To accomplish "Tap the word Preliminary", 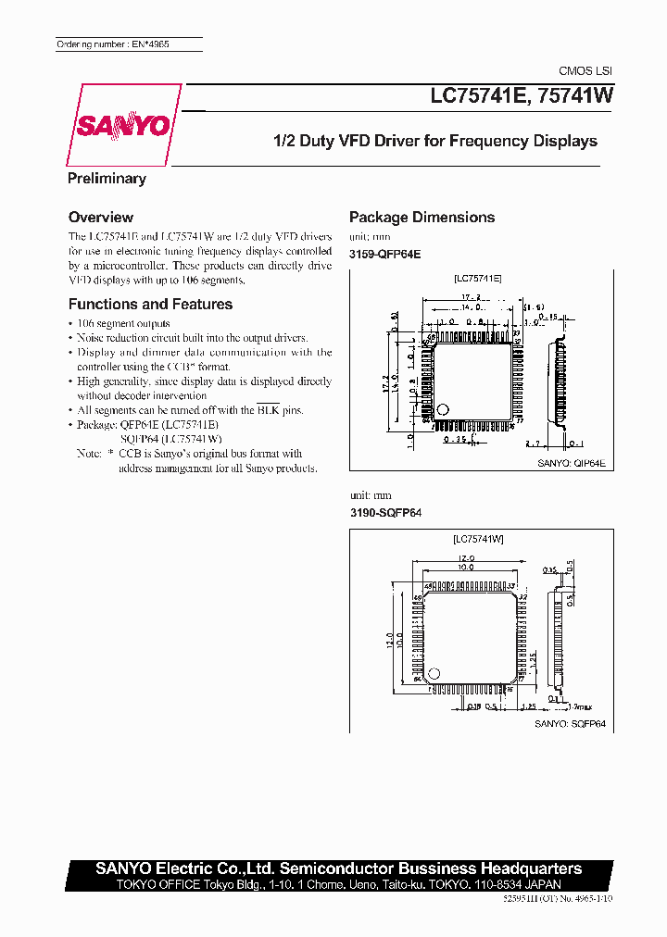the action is click(107, 179).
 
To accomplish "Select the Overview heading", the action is click(101, 218).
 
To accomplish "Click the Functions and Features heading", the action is click(150, 305).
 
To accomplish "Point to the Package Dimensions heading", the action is click(422, 218).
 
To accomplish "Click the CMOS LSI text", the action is click(585, 71).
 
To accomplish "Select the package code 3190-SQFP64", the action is click(384, 513).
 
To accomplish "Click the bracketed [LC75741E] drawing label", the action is click(477, 277).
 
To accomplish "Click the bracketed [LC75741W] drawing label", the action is click(478, 539).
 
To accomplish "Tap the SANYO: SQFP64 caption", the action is click(570, 724).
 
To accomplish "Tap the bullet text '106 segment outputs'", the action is click(123, 324).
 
